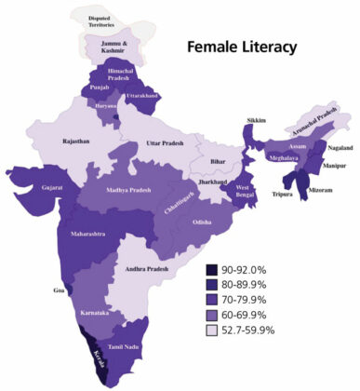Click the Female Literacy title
click(x=243, y=46)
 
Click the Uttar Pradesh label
click(x=167, y=142)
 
